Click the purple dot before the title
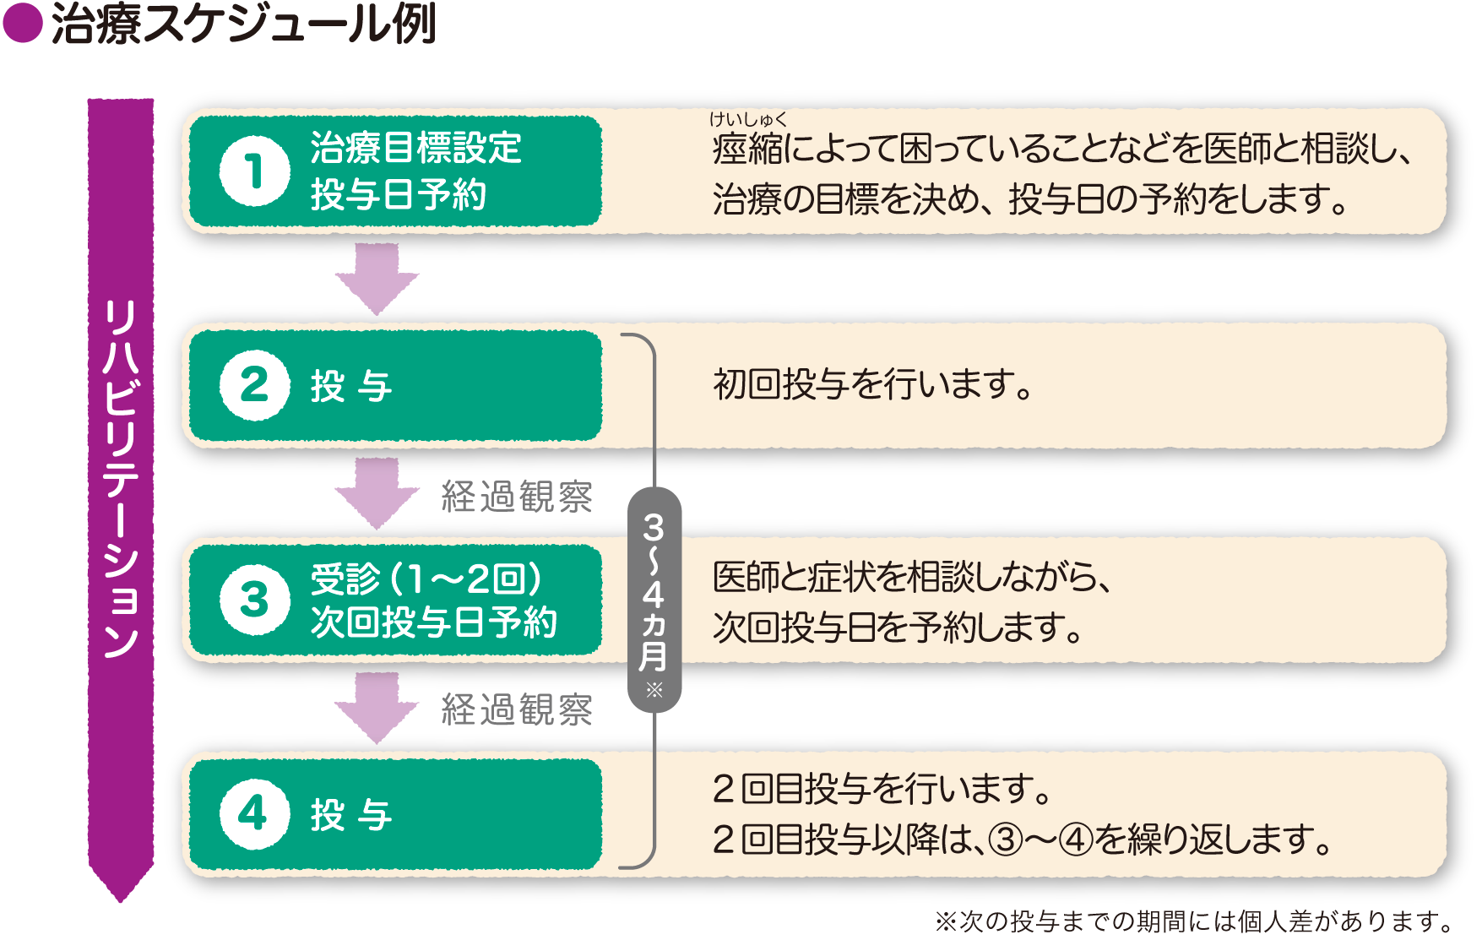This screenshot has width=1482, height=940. pos(23,23)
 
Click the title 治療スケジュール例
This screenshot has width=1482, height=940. pos(244,24)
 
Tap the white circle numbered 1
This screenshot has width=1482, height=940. pos(254,171)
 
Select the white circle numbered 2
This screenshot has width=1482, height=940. pos(254,386)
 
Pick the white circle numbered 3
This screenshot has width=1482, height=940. pos(254,600)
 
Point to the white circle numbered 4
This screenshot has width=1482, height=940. pos(254,814)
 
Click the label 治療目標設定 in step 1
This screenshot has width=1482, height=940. pos(416,148)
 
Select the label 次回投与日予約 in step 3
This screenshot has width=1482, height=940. pos(434,622)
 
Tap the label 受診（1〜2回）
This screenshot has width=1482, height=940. pos(426,579)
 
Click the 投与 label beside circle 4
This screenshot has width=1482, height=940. pos(351,815)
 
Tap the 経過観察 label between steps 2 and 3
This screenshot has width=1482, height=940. pos(517,497)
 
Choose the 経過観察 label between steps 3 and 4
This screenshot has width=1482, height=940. pos(517,709)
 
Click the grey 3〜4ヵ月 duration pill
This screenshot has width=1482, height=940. pos(654,600)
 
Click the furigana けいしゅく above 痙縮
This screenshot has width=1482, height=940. pos(748,120)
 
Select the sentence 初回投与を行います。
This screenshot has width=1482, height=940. pos(873,385)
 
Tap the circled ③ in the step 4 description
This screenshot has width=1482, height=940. pos(1006,839)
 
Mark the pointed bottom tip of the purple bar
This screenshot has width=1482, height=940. pos(121,902)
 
